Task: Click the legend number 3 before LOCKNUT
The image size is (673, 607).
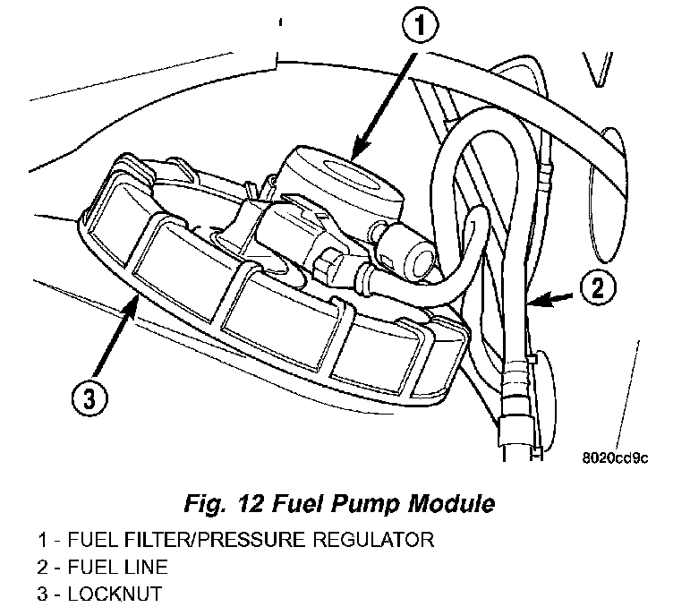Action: click(x=43, y=593)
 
